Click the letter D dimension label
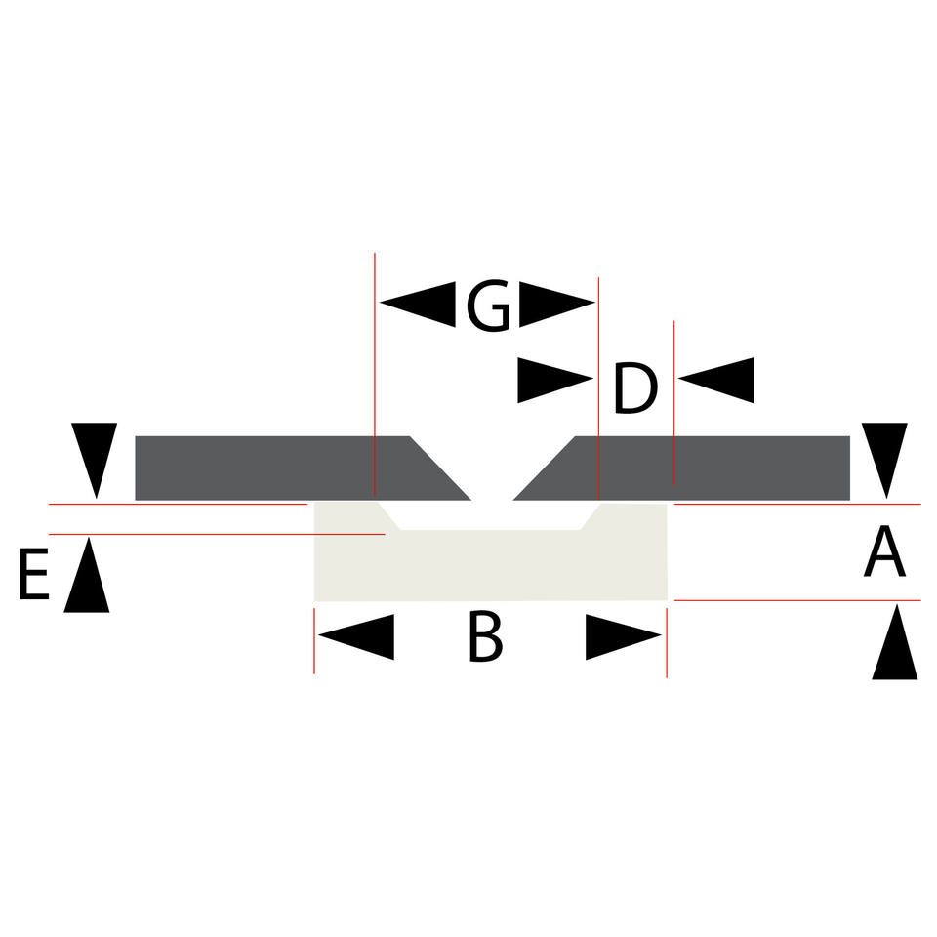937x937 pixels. coord(634,389)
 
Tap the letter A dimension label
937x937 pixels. coord(884,554)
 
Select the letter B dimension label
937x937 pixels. coord(485,639)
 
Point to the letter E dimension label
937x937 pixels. coord(33,577)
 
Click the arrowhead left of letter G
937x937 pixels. coord(418,304)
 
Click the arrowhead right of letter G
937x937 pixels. coord(556,304)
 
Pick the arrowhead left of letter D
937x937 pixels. coord(554,381)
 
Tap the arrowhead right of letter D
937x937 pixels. coord(717,380)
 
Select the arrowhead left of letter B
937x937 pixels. coord(356,637)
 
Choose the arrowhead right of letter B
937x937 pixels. coord(624,637)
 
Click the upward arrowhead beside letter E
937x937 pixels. coord(87,576)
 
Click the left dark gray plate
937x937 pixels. coord(283,468)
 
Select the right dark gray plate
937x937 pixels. coord(703,468)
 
